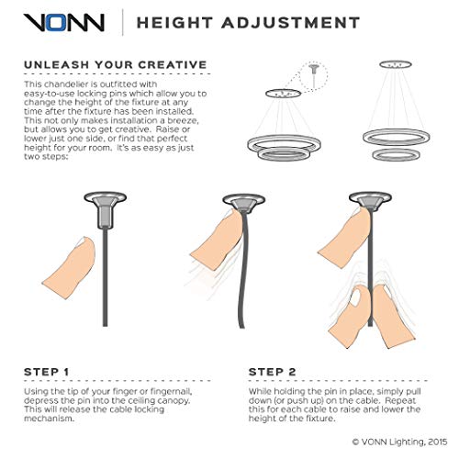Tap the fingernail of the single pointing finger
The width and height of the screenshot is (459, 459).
[x=83, y=247]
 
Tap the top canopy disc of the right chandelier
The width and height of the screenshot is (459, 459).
[x=397, y=65]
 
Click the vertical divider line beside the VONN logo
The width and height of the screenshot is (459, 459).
[x=123, y=21]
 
